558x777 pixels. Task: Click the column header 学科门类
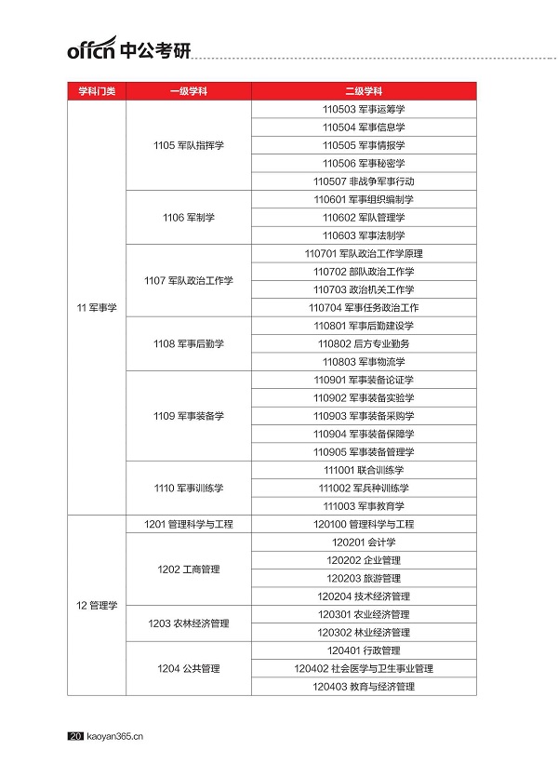pyautogui.click(x=96, y=91)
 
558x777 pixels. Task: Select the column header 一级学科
pyautogui.click(x=188, y=91)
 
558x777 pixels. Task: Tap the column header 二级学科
pyautogui.click(x=364, y=91)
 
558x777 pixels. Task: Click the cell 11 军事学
pyautogui.click(x=96, y=308)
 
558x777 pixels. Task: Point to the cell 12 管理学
pyautogui.click(x=96, y=606)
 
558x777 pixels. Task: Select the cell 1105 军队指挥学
pyautogui.click(x=188, y=145)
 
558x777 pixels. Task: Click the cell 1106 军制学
pyautogui.click(x=188, y=218)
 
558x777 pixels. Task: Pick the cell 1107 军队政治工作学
pyautogui.click(x=188, y=280)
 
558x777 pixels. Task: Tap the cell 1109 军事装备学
pyautogui.click(x=188, y=416)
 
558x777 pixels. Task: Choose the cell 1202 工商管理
pyautogui.click(x=188, y=569)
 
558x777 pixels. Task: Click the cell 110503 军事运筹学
pyautogui.click(x=364, y=109)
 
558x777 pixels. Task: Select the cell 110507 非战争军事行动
pyautogui.click(x=364, y=181)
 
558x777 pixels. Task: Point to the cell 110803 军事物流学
pyautogui.click(x=364, y=362)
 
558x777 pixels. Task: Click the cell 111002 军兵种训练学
pyautogui.click(x=364, y=489)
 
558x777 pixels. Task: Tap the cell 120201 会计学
pyautogui.click(x=364, y=543)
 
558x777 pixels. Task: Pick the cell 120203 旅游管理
pyautogui.click(x=364, y=579)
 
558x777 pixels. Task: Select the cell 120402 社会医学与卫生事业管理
pyautogui.click(x=364, y=669)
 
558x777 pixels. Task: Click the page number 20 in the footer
pyautogui.click(x=75, y=737)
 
